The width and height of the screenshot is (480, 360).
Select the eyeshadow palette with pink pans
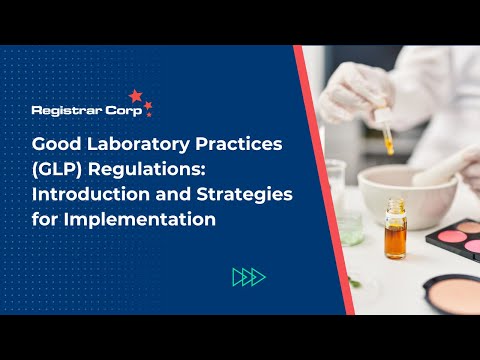454,239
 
